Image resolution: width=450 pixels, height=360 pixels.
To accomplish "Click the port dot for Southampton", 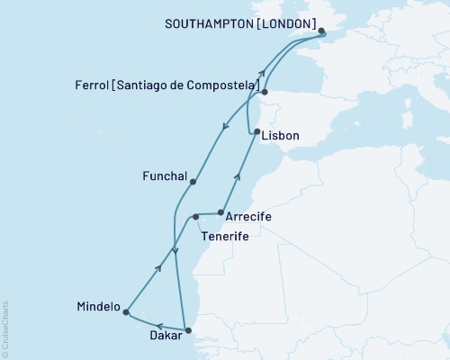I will pyautogui.click(x=323, y=36).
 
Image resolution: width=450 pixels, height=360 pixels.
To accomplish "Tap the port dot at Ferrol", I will pyautogui.click(x=265, y=91).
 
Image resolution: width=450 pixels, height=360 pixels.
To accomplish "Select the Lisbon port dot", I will pyautogui.click(x=258, y=132).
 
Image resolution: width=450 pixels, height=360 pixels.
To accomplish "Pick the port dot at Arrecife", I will pyautogui.click(x=220, y=212).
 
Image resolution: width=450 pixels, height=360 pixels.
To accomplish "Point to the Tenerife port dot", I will pyautogui.click(x=195, y=217).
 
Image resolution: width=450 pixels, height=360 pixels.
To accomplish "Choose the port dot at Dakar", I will pyautogui.click(x=187, y=330).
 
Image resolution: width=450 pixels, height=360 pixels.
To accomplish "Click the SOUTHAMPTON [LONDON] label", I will pyautogui.click(x=240, y=22).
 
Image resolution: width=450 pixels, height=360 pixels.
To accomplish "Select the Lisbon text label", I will pyautogui.click(x=283, y=135).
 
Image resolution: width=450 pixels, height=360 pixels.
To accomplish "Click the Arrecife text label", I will pyautogui.click(x=248, y=218).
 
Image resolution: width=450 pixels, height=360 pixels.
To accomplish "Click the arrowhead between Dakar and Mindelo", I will pyautogui.click(x=157, y=325).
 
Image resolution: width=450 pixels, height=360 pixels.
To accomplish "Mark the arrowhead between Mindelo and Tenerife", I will pyautogui.click(x=159, y=266).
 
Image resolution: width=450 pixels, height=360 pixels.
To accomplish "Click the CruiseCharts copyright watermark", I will pyautogui.click(x=5, y=329).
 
